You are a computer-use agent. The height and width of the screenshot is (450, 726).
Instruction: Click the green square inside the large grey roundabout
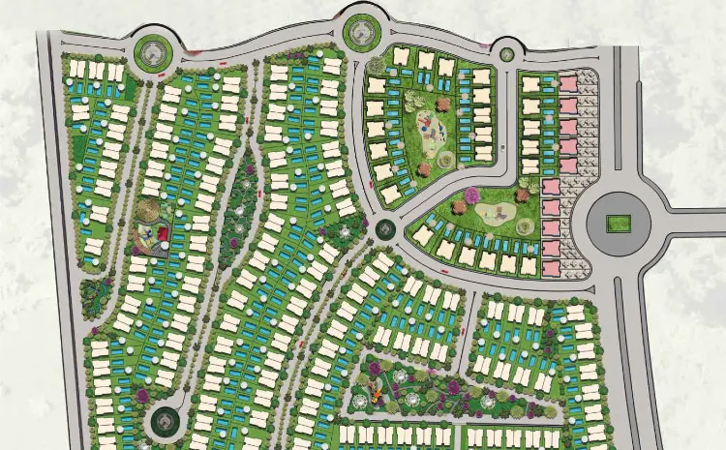coord(617,224)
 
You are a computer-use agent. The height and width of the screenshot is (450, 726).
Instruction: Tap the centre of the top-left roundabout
coord(152,50)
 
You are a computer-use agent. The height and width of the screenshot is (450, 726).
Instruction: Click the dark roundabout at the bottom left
coord(164,421)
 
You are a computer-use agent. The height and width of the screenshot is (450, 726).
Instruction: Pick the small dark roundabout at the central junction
coord(386,229)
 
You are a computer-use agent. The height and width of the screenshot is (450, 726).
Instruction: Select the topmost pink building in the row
coord(567,82)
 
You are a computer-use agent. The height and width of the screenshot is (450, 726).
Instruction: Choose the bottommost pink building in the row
coord(552,267)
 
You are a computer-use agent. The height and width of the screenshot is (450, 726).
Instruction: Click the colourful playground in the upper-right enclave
coord(430,123)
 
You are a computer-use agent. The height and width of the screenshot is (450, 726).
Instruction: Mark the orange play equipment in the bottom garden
coord(371,395)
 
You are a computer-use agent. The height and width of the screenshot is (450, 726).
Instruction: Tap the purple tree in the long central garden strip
coord(249,170)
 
